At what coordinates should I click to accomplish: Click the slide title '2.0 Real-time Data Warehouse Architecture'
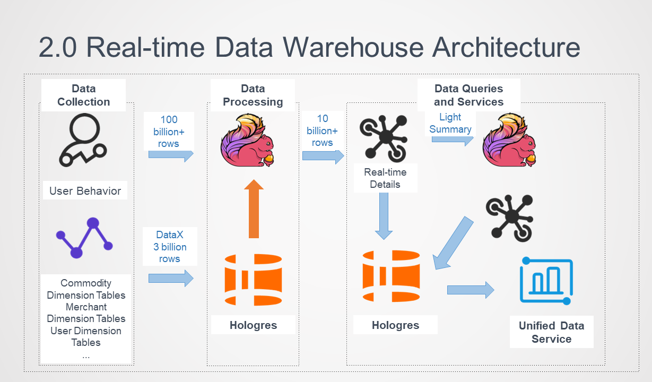tap(309, 47)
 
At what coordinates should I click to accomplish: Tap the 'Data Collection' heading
tap(83, 95)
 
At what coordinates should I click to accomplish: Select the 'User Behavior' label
tap(85, 191)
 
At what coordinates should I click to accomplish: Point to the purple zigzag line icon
tap(85, 237)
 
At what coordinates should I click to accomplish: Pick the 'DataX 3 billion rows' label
tap(169, 247)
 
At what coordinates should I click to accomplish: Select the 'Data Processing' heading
tap(253, 95)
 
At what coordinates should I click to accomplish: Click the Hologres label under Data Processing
tap(253, 325)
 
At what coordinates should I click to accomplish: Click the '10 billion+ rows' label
tap(322, 131)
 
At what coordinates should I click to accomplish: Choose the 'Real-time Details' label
tap(385, 178)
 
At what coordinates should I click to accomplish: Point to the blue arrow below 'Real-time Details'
tap(384, 215)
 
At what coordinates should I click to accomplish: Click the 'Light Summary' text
tap(450, 123)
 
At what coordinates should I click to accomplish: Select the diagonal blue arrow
tap(453, 242)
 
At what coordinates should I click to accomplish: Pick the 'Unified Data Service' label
tap(551, 333)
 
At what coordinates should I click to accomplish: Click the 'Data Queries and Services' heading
tap(468, 95)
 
